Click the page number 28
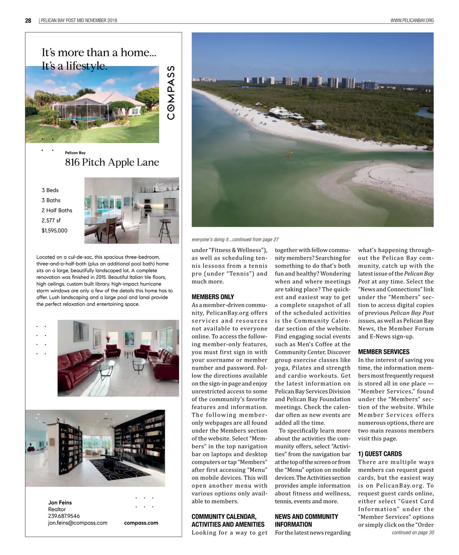28,21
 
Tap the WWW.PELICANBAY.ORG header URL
412,21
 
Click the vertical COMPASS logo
171,92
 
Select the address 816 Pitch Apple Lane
112,163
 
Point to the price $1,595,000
54,231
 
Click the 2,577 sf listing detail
51,221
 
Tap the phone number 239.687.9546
64,516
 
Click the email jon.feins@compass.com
77,523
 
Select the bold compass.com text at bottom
141,523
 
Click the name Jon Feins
60,503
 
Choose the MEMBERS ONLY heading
213,297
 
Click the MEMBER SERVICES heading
383,352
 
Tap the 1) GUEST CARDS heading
379,454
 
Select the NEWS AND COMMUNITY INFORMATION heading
306,521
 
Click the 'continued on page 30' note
413,532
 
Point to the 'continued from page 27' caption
235,239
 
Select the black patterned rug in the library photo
115,469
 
